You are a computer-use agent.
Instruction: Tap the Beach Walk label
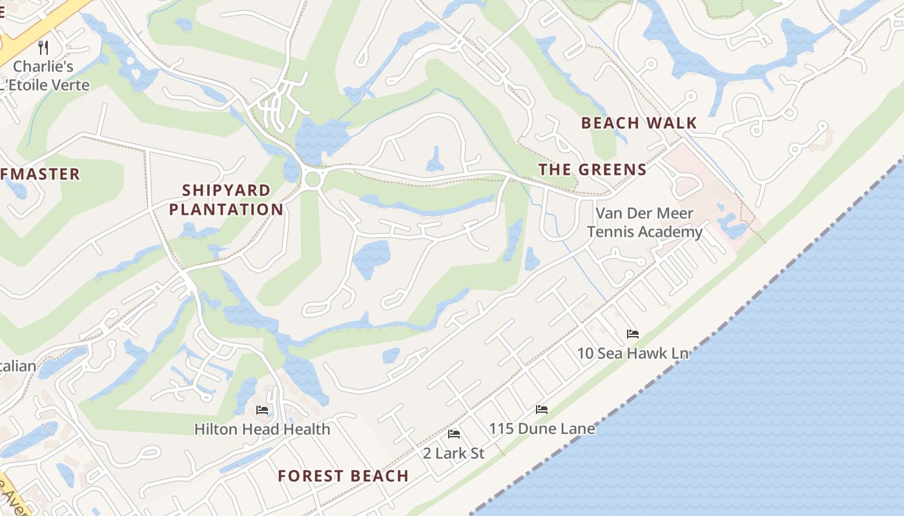(639, 123)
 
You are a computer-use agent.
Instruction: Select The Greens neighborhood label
(592, 170)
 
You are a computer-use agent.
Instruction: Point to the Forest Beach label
(343, 476)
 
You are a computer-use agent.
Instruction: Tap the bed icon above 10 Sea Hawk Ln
(633, 334)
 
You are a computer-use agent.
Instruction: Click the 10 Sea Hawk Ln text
(632, 353)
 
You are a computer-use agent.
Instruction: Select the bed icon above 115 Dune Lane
(542, 410)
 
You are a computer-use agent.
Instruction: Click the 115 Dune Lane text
(542, 428)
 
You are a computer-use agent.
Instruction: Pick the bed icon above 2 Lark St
(454, 434)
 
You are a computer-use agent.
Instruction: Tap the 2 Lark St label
(453, 453)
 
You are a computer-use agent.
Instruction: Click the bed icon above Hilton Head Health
(262, 410)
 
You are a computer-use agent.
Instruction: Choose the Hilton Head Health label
(262, 429)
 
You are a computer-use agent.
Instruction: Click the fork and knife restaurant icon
(43, 47)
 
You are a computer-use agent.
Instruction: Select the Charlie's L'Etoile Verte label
(44, 75)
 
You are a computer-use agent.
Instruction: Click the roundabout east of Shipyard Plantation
(313, 180)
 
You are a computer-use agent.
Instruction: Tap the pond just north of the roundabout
(320, 139)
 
